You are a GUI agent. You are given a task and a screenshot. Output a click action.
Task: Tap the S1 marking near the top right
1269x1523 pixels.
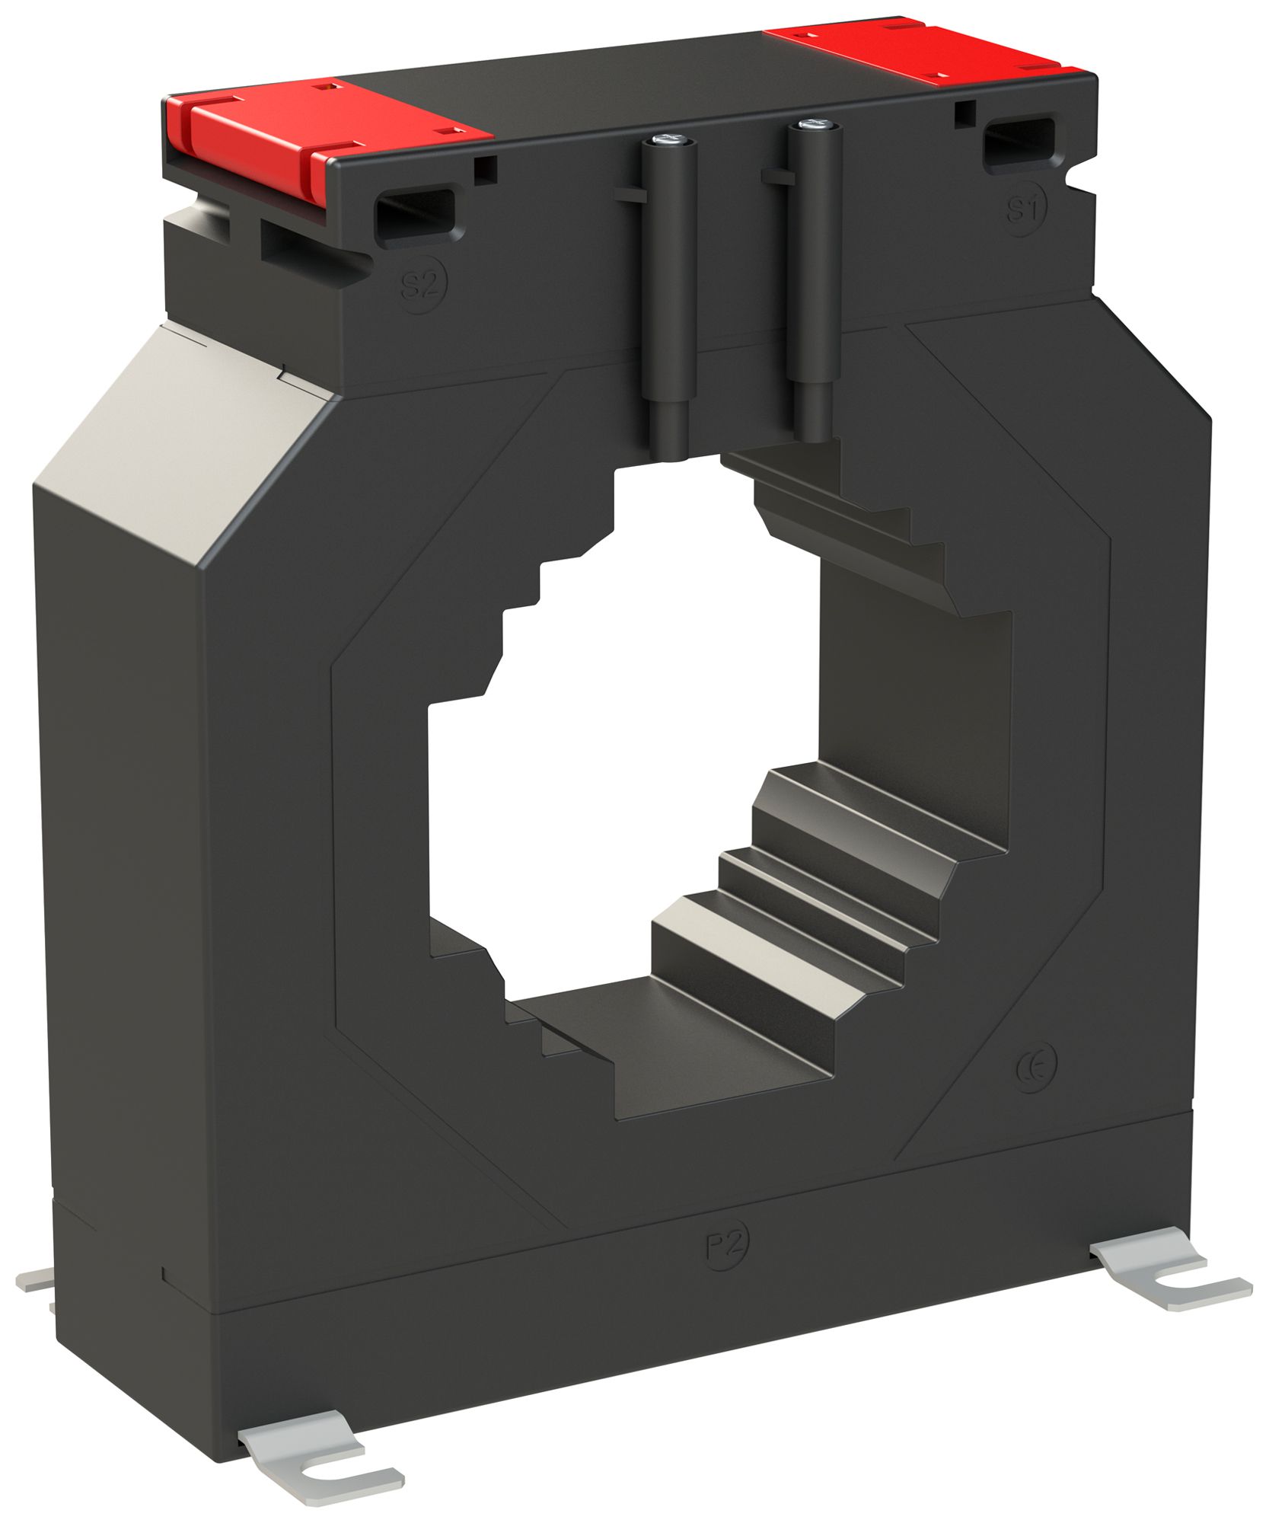tap(1025, 209)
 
